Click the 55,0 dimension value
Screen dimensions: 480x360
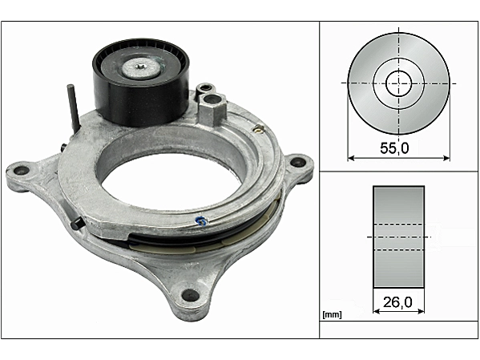[x=394, y=148]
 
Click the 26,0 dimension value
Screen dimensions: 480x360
[x=397, y=303]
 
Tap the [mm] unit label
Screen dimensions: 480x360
[x=332, y=314]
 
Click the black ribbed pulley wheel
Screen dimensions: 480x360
[x=141, y=82]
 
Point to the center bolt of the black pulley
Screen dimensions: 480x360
[x=140, y=67]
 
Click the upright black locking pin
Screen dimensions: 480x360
[x=74, y=108]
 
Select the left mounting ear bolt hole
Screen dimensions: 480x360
[x=22, y=170]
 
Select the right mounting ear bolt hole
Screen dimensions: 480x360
[x=296, y=162]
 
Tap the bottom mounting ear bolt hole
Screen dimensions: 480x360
[x=190, y=295]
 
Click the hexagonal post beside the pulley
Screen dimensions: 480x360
[x=212, y=109]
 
